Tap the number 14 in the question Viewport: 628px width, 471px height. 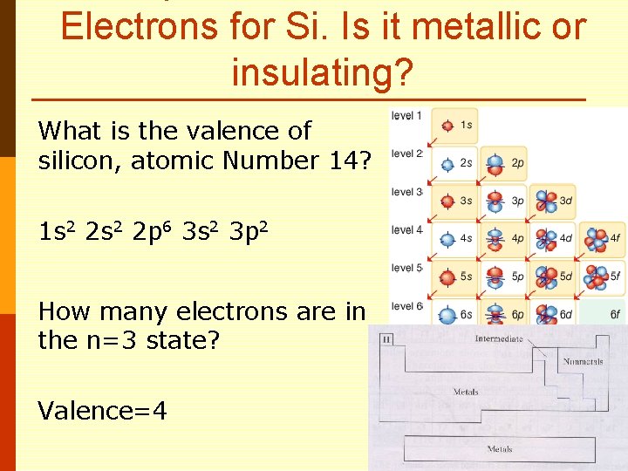pyautogui.click(x=345, y=160)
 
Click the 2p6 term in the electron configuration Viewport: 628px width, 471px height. pyautogui.click(x=147, y=233)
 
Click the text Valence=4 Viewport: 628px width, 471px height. pyautogui.click(x=103, y=411)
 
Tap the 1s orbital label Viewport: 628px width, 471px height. pyautogui.click(x=466, y=126)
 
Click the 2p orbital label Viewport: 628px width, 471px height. pyautogui.click(x=517, y=163)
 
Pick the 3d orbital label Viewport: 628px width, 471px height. pyautogui.click(x=566, y=201)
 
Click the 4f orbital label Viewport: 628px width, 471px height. pyautogui.click(x=614, y=237)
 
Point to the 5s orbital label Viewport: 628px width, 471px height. pyautogui.click(x=468, y=276)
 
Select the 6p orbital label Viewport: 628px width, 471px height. pyautogui.click(x=517, y=315)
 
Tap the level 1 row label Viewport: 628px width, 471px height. pyautogui.click(x=406, y=115)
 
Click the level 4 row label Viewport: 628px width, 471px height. pyautogui.click(x=406, y=230)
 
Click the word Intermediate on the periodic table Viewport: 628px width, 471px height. pyautogui.click(x=499, y=338)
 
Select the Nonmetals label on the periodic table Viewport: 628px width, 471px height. pyautogui.click(x=584, y=361)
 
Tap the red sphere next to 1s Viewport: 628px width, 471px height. pyautogui.click(x=447, y=126)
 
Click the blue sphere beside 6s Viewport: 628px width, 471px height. pyautogui.click(x=447, y=315)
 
